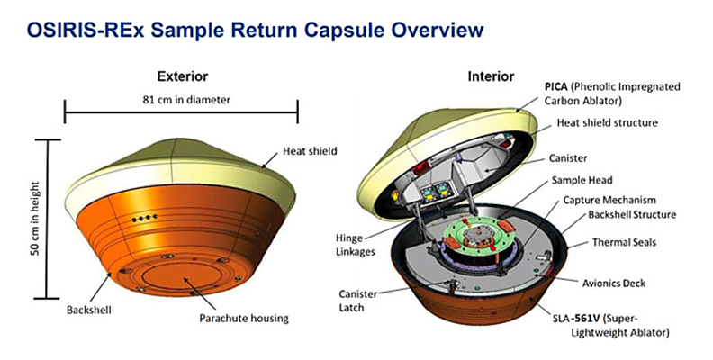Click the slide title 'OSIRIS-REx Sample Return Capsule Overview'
pos(255,30)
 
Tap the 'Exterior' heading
pos(183,76)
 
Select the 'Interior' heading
pos(491,76)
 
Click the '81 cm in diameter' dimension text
pos(186,100)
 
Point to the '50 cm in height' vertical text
pos(35,219)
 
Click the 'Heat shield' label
pos(310,151)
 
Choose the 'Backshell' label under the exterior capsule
pos(88,310)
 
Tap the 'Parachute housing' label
pos(244,318)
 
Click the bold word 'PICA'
pos(556,86)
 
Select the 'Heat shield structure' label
pos(608,122)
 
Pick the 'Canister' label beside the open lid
pos(568,158)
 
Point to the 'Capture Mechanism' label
pos(609,200)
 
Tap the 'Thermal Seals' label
pos(625,242)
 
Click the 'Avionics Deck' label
pos(614,283)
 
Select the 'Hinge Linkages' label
pos(355,245)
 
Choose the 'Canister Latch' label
pos(358,301)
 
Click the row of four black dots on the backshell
pos(145,219)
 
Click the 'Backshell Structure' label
pos(632,214)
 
